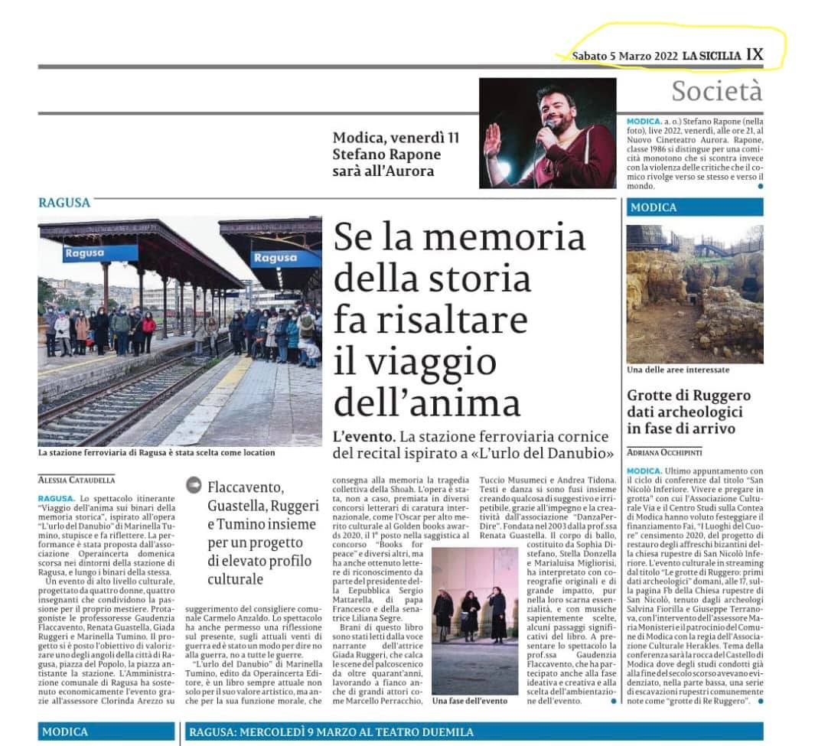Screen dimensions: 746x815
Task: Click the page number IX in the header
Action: pyautogui.click(x=755, y=54)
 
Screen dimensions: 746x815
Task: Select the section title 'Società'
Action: pyautogui.click(x=716, y=91)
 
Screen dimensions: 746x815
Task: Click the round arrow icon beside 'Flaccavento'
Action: pyautogui.click(x=194, y=485)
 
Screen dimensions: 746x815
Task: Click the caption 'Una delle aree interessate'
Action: pyautogui.click(x=678, y=370)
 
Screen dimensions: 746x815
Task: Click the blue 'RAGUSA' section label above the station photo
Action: pyautogui.click(x=64, y=203)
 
